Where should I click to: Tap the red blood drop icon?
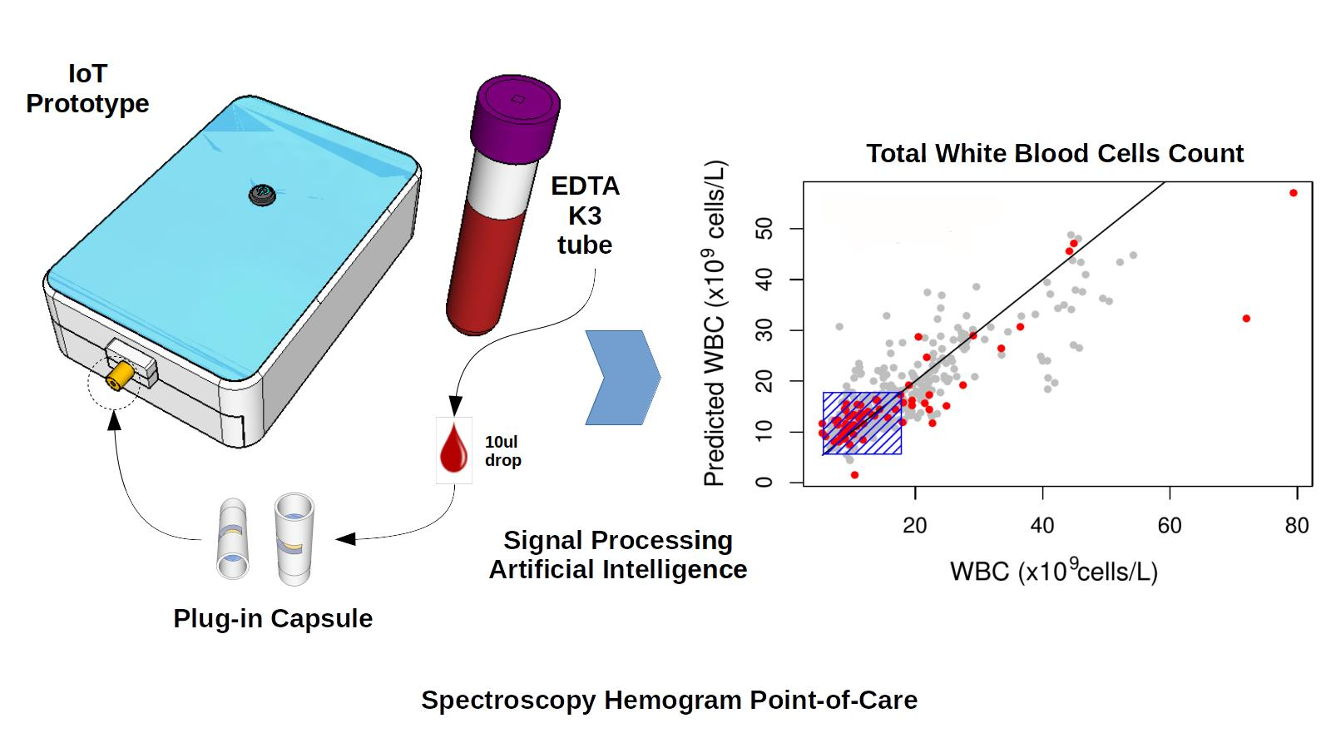click(x=453, y=450)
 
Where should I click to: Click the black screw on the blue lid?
click(x=262, y=196)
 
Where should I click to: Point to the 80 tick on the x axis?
click(x=1296, y=526)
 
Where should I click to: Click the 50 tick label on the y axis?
click(x=764, y=229)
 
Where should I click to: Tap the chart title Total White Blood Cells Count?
click(x=1054, y=153)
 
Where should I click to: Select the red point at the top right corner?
click(x=1293, y=193)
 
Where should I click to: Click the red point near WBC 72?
click(x=1246, y=319)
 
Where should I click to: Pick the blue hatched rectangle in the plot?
click(x=863, y=424)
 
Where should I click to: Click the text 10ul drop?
click(x=503, y=451)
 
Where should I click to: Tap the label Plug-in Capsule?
click(x=273, y=618)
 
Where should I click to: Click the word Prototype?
click(x=87, y=104)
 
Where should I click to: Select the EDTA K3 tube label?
click(x=585, y=215)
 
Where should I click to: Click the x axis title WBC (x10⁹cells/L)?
click(x=1053, y=571)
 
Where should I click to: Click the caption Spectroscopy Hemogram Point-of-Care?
click(x=669, y=700)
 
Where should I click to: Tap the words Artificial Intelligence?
click(x=617, y=570)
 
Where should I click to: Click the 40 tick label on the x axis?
click(x=1041, y=526)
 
